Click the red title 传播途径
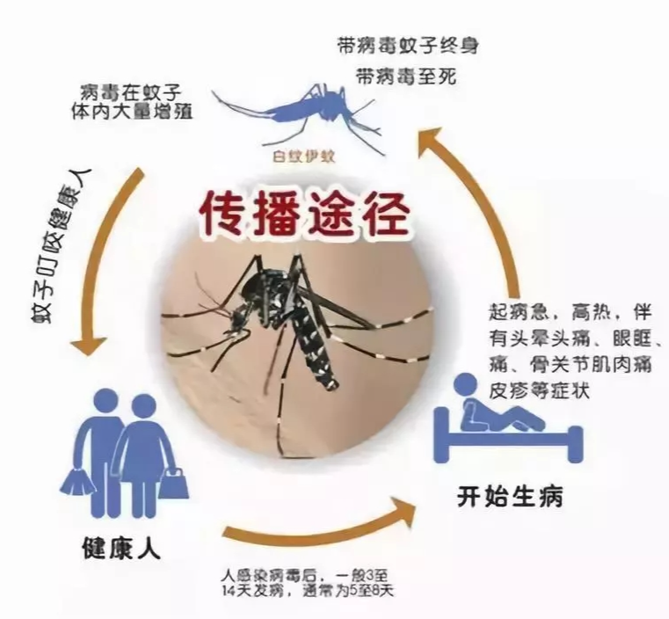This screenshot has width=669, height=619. tap(305, 214)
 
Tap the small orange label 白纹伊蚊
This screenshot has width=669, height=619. tap(304, 157)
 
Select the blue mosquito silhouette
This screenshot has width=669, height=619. tap(299, 114)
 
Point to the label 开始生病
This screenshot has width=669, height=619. tap(510, 496)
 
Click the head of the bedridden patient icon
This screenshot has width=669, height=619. tap(465, 385)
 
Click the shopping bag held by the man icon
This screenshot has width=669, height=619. tap(78, 482)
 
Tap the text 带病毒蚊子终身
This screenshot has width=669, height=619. tap(408, 46)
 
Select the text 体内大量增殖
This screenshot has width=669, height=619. tap(133, 112)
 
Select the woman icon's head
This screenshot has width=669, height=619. tap(143, 406)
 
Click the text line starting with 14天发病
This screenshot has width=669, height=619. tap(306, 591)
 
